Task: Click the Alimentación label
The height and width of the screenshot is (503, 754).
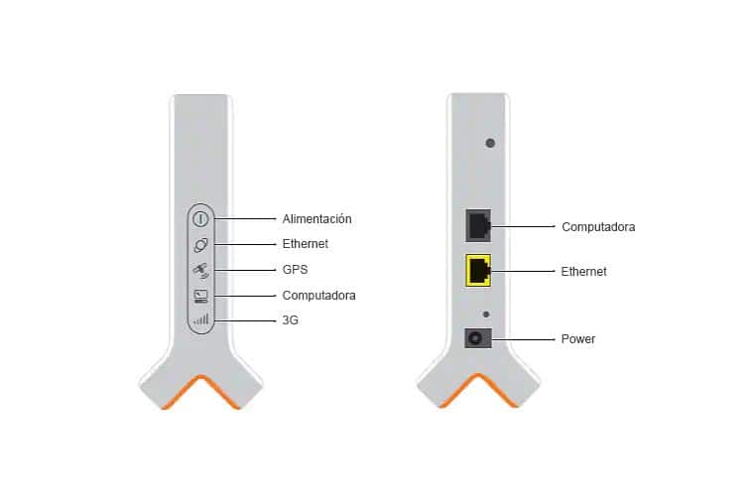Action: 316,218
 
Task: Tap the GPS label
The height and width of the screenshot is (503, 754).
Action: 295,270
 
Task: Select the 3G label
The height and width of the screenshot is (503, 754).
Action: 291,321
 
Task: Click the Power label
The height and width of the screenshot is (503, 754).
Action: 578,339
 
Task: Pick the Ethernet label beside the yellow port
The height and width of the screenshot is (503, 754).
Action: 583,271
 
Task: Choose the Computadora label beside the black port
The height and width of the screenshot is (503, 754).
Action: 598,226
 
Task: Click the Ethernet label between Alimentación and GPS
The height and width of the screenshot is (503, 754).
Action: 305,244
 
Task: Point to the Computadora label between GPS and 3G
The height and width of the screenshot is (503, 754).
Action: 318,296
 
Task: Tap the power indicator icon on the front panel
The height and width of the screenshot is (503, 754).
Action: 199,218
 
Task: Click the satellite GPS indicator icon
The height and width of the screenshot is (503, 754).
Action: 199,270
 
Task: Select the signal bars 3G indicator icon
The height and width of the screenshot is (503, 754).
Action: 200,320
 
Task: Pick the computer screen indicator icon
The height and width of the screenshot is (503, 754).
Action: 200,296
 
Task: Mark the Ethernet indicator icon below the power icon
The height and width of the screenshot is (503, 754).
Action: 199,244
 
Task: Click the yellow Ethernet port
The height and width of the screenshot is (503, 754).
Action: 479,270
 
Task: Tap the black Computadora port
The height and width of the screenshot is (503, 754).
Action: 479,225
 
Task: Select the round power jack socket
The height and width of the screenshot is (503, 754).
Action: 478,338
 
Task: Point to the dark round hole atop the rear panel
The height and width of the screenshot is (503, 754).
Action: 489,144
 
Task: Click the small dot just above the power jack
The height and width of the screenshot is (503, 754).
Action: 485,314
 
